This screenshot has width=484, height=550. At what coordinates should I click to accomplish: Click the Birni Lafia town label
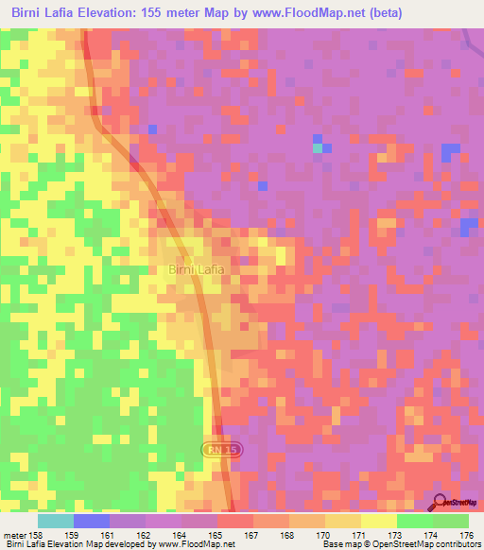click(x=197, y=270)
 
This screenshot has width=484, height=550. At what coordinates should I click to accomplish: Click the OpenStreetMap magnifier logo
click(x=441, y=502)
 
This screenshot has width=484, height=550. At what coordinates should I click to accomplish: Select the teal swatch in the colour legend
click(x=56, y=520)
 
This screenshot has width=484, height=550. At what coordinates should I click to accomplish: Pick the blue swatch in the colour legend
click(x=92, y=520)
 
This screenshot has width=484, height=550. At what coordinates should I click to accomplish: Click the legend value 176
click(x=465, y=535)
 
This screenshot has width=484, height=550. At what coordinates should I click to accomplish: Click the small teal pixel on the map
click(x=317, y=147)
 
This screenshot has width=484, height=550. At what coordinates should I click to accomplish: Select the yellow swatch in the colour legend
click(x=378, y=520)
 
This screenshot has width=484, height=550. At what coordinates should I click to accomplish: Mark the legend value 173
click(x=396, y=535)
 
